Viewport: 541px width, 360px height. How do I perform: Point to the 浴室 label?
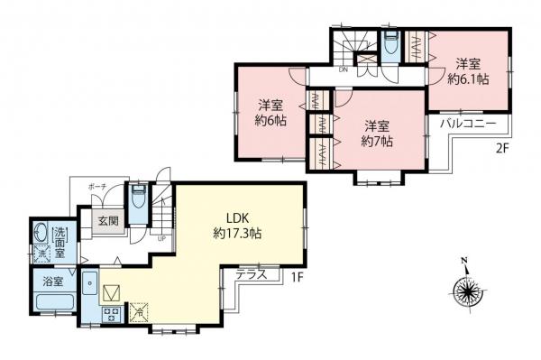pyautogui.click(x=52, y=282)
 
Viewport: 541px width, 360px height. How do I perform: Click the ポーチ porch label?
pyautogui.click(x=97, y=187)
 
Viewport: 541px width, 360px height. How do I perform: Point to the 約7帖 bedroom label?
pyautogui.click(x=378, y=134)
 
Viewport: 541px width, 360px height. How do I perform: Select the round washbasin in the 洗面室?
pyautogui.click(x=39, y=234)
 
